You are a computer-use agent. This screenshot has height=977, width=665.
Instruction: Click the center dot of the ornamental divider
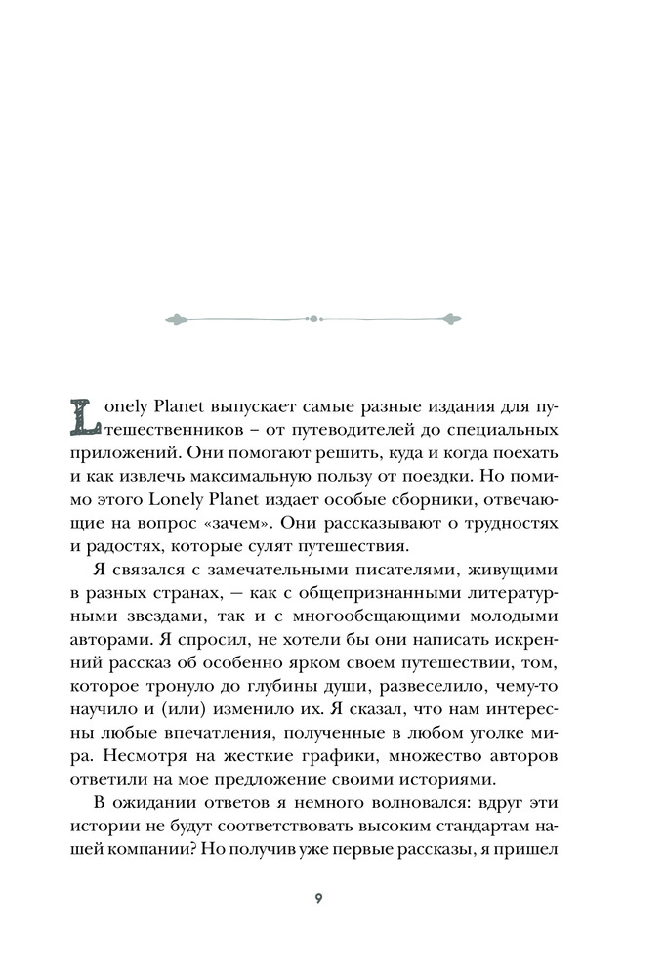[313, 318]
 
